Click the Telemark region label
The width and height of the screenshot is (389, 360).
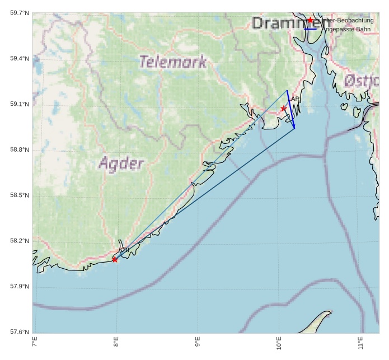[x=173, y=62]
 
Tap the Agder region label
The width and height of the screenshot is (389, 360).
[x=121, y=163]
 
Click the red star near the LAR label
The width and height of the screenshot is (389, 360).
[x=284, y=108]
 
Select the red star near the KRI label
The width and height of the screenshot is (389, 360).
[x=115, y=259]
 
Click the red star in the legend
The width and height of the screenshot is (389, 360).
[x=310, y=20]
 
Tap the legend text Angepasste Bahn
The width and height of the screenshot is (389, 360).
[x=346, y=29]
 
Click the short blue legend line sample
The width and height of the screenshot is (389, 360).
[x=310, y=29]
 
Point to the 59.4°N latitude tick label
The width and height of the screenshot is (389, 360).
[x=20, y=58]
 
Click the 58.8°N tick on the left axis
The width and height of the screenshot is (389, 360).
[x=20, y=149]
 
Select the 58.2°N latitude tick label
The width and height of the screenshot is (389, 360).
[x=20, y=241]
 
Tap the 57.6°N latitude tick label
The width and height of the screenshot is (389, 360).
[x=20, y=332]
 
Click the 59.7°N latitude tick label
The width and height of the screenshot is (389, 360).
[x=20, y=12]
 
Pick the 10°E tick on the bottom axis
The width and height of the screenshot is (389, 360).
[x=279, y=343]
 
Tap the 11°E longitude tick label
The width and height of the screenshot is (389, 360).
[x=360, y=343]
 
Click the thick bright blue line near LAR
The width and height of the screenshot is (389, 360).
[x=290, y=110]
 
